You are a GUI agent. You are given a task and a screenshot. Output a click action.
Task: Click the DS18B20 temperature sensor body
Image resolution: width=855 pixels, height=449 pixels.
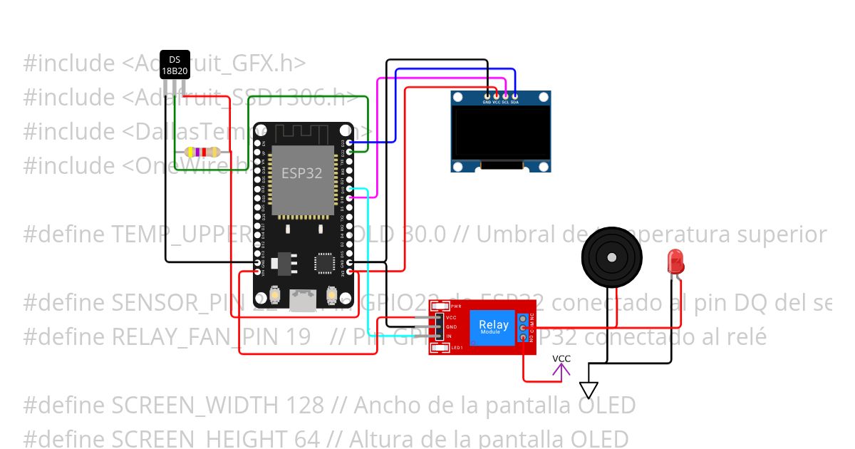pyautogui.click(x=175, y=65)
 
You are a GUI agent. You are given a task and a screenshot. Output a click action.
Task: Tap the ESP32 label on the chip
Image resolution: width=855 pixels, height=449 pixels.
pyautogui.click(x=301, y=173)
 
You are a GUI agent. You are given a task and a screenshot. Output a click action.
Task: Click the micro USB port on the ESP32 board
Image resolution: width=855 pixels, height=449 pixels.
pyautogui.click(x=303, y=301)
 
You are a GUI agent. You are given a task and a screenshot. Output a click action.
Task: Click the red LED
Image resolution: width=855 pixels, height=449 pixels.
pyautogui.click(x=675, y=263)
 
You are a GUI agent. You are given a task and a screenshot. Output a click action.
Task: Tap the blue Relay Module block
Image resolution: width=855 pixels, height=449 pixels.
pyautogui.click(x=494, y=326)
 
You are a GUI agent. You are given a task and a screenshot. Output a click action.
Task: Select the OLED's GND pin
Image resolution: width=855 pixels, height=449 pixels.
pyautogui.click(x=487, y=96)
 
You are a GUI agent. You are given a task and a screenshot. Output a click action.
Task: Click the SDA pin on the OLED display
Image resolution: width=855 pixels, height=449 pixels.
pyautogui.click(x=514, y=96)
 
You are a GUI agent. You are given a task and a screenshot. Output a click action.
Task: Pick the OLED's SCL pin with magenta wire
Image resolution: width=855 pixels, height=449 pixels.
pyautogui.click(x=505, y=96)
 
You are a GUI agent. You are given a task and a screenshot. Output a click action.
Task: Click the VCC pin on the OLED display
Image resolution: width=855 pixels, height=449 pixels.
pyautogui.click(x=496, y=96)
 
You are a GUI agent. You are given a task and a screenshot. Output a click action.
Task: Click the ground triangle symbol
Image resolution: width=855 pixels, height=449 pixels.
pyautogui.click(x=589, y=390)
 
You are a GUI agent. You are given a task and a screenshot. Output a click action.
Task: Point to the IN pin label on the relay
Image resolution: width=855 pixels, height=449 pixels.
pyautogui.click(x=450, y=335)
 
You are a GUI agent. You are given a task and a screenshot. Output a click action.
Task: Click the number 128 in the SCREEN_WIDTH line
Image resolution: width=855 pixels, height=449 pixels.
pyautogui.click(x=304, y=406)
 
